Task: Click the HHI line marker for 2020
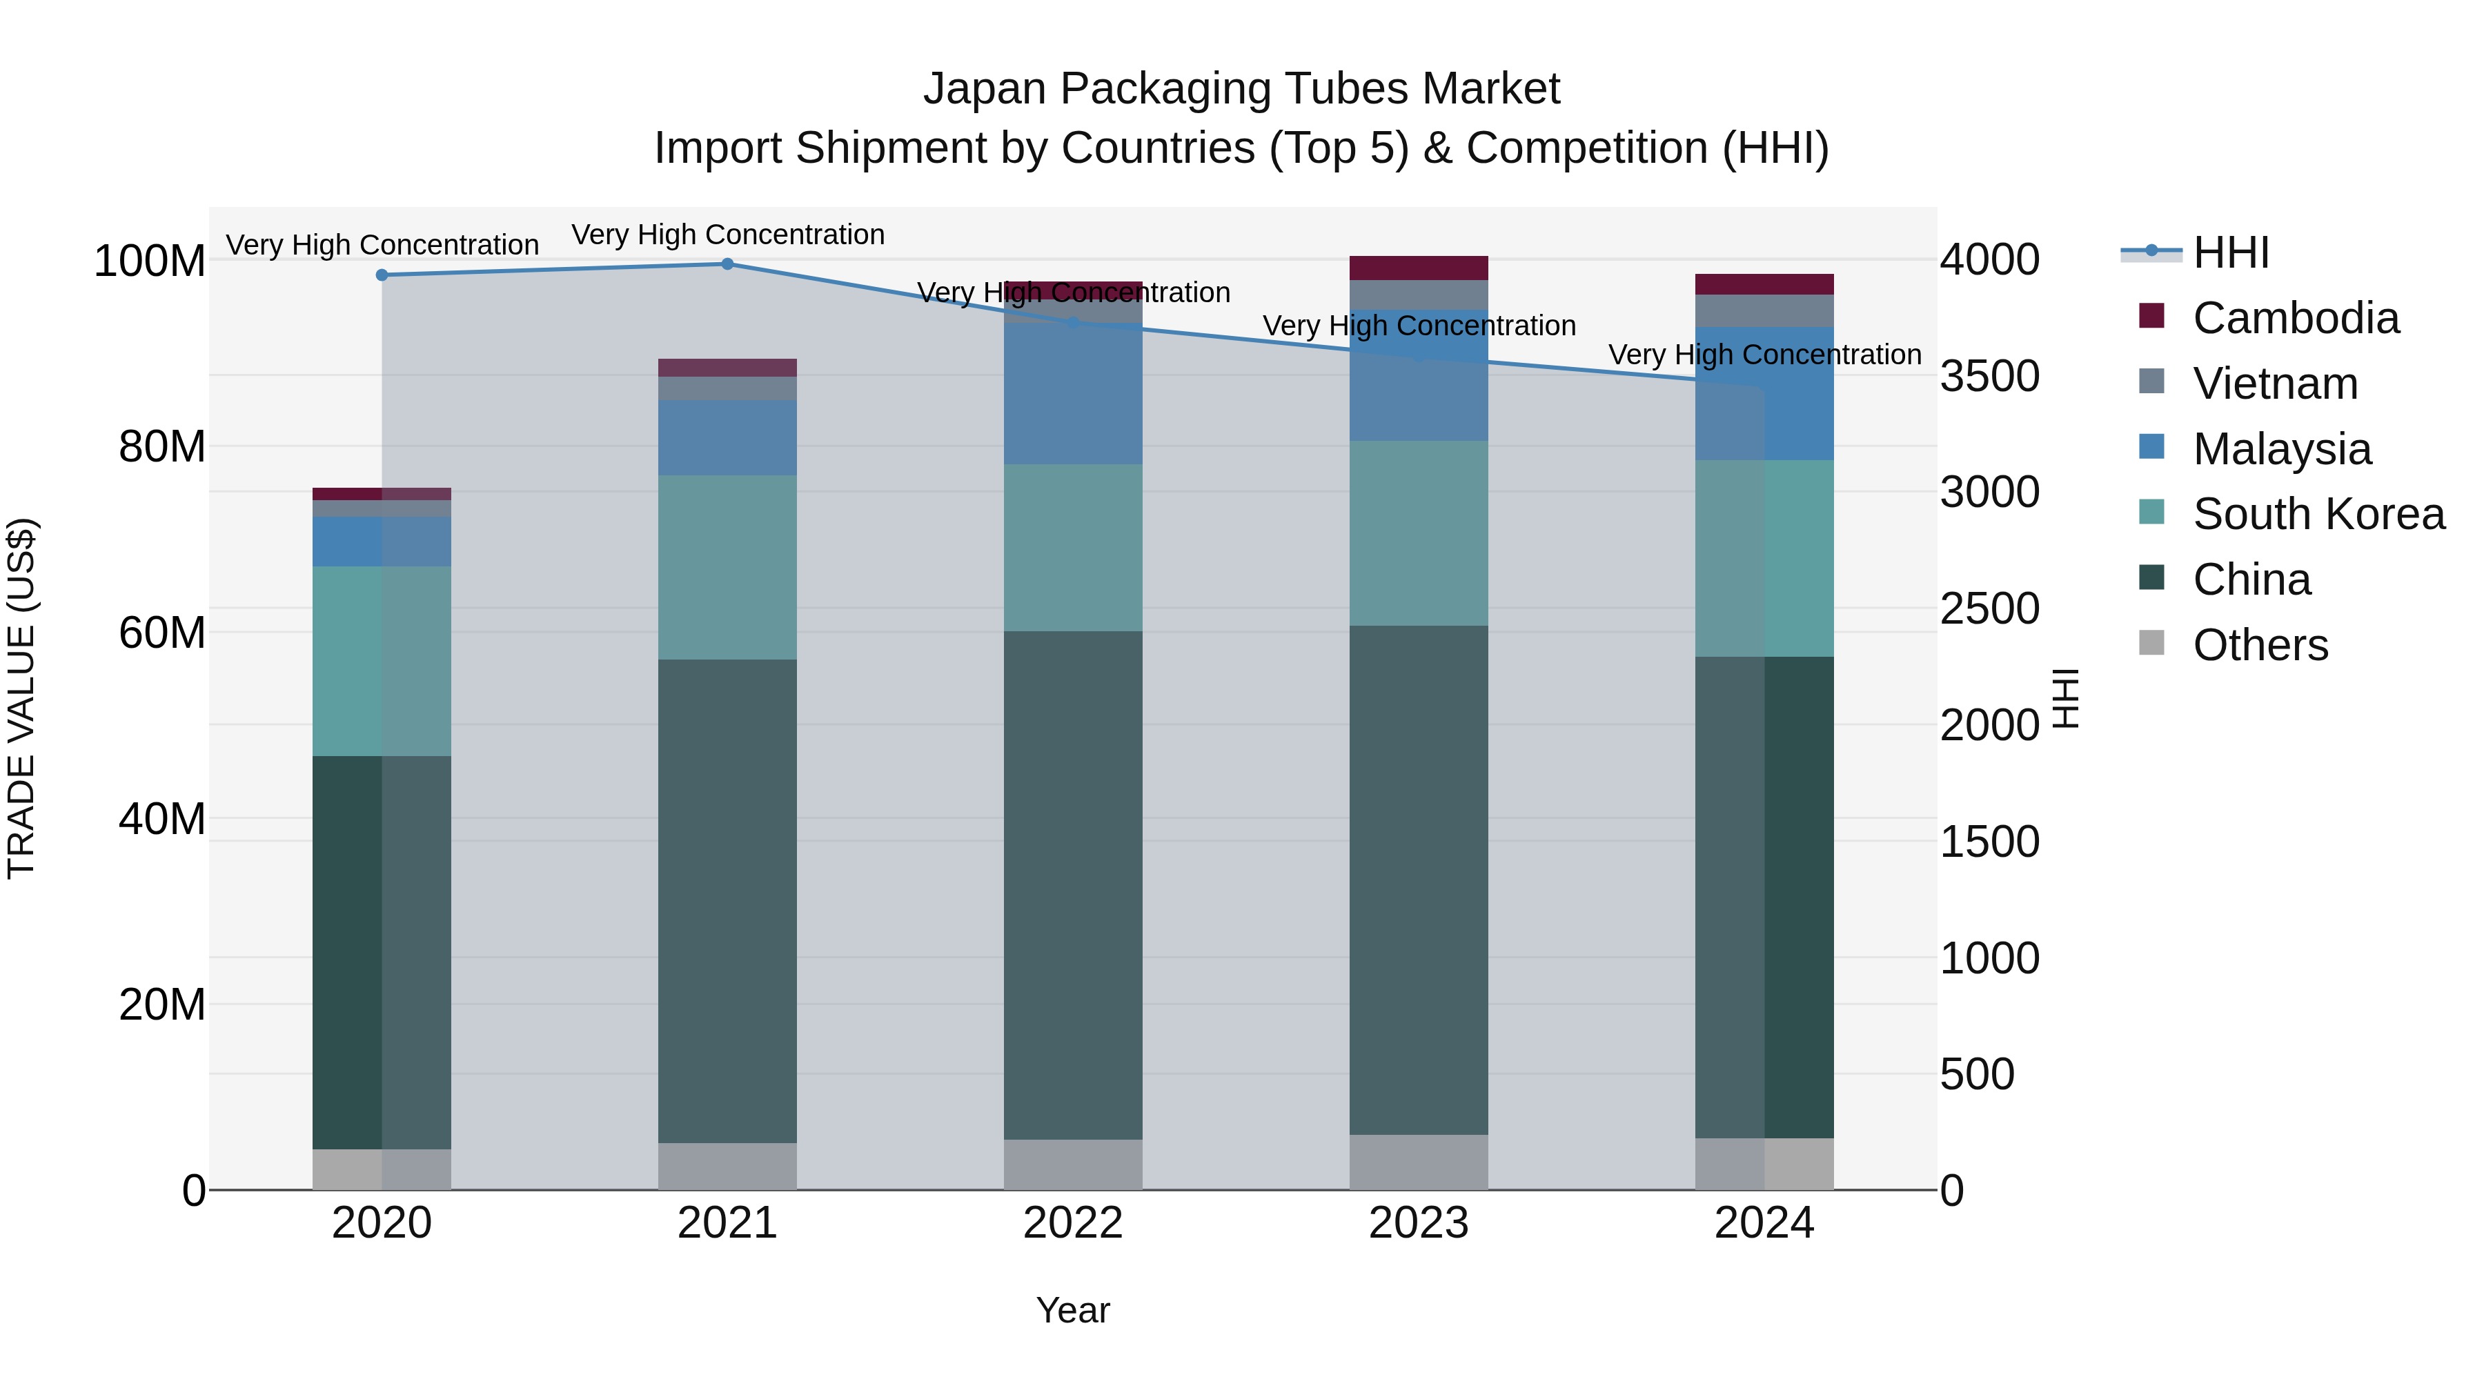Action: pyautogui.click(x=382, y=275)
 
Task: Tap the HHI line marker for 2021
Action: pyautogui.click(x=727, y=264)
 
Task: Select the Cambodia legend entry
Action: pyautogui.click(x=2295, y=318)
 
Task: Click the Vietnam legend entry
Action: pyautogui.click(x=2274, y=384)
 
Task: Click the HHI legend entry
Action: pyautogui.click(x=2230, y=252)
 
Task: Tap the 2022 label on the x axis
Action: pyautogui.click(x=1072, y=1223)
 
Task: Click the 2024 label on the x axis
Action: pyautogui.click(x=1764, y=1223)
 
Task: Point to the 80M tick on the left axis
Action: pyautogui.click(x=162, y=447)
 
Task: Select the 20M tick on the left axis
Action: pyautogui.click(x=162, y=1004)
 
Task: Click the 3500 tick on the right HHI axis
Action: pyautogui.click(x=1989, y=376)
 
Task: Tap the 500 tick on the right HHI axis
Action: pyautogui.click(x=1977, y=1074)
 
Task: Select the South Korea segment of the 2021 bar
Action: pyautogui.click(x=727, y=567)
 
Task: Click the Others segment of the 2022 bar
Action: pyautogui.click(x=1072, y=1164)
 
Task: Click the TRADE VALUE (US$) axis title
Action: pyautogui.click(x=21, y=698)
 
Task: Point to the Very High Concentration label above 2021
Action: pyautogui.click(x=727, y=235)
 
